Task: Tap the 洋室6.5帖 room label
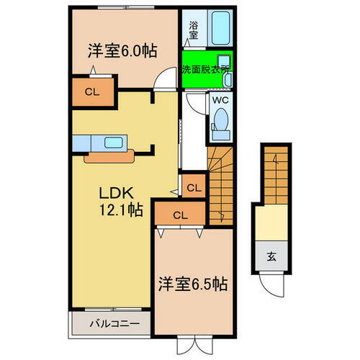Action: [193, 283]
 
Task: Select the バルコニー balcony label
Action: [110, 323]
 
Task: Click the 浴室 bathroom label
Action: [194, 29]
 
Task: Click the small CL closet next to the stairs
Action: [193, 187]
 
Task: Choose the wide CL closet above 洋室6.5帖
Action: [179, 215]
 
